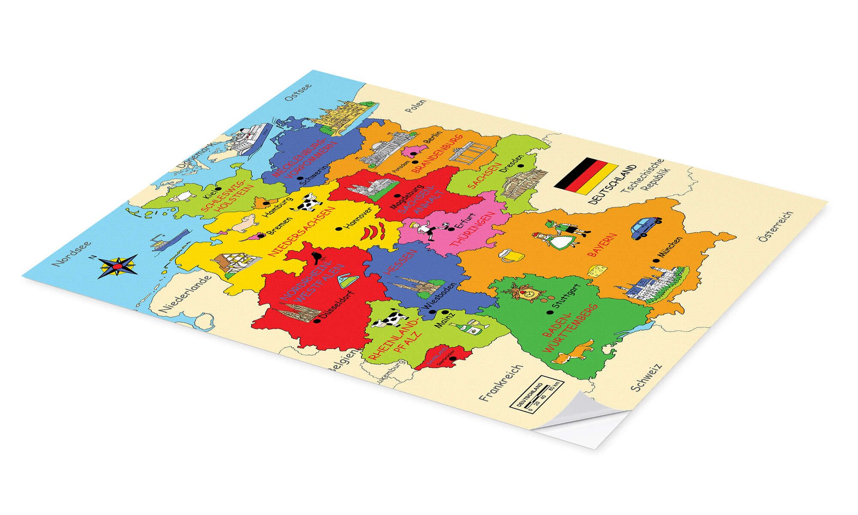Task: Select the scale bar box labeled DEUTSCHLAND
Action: pos(536,395)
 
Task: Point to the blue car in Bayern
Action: pos(646,227)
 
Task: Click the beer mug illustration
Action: pos(511,257)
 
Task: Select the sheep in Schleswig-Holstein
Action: pos(180,197)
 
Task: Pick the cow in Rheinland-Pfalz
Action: pos(389,319)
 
